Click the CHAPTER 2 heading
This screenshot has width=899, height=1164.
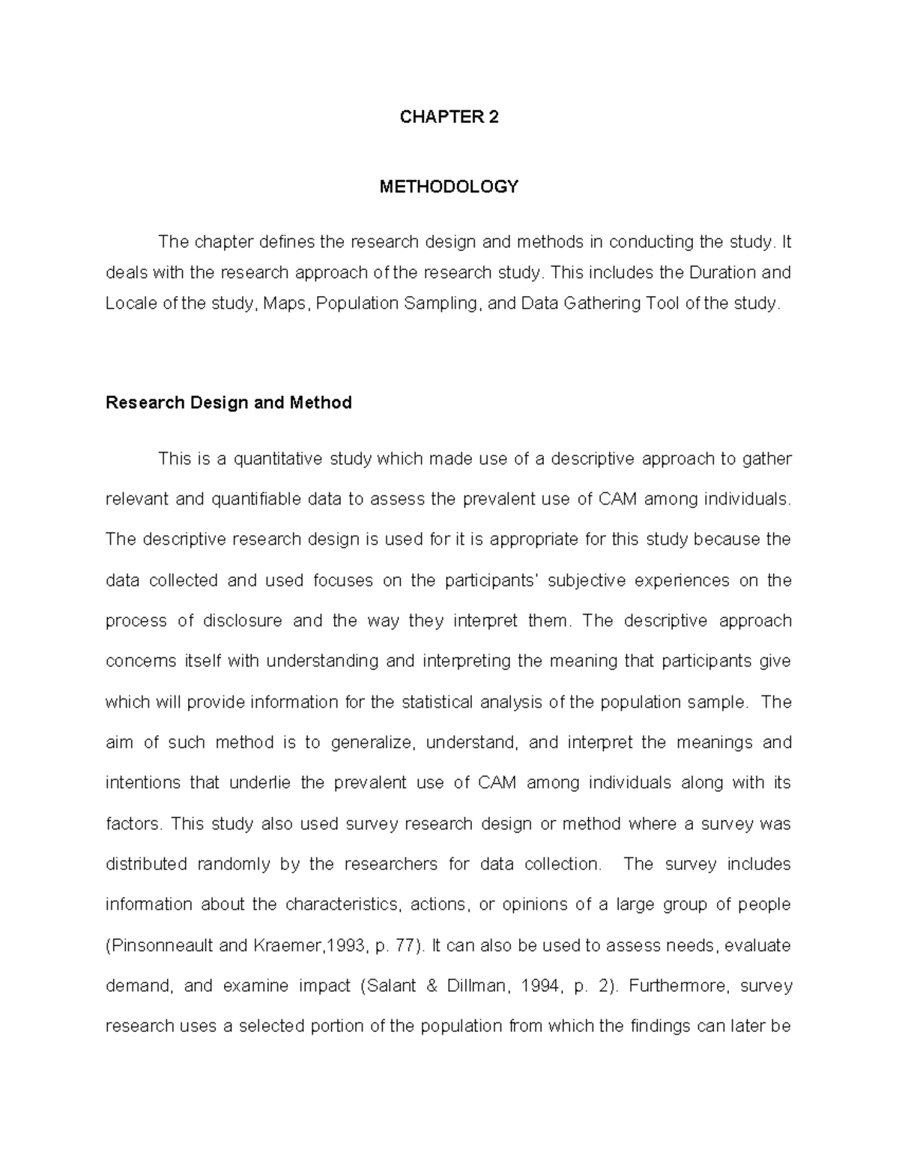pyautogui.click(x=449, y=117)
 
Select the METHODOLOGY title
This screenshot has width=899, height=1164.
pyautogui.click(x=449, y=187)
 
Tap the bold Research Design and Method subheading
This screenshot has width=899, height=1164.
pyautogui.click(x=228, y=403)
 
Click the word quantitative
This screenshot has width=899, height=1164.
pyautogui.click(x=278, y=459)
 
